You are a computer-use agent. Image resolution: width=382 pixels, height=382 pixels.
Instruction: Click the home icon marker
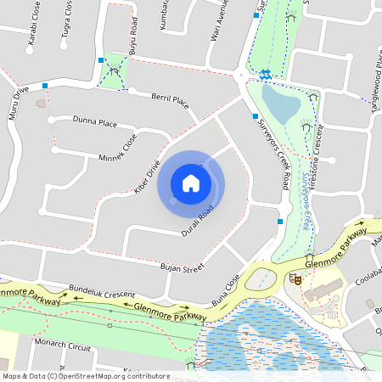(x=191, y=183)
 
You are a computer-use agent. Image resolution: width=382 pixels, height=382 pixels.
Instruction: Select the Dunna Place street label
(x=95, y=124)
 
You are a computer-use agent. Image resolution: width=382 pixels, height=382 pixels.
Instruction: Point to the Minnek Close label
(x=117, y=147)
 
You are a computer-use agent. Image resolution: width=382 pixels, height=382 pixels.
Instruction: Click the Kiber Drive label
(x=147, y=178)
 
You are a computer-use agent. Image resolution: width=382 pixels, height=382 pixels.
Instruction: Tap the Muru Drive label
(x=19, y=101)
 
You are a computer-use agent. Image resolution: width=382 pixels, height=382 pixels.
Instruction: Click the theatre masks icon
(x=297, y=278)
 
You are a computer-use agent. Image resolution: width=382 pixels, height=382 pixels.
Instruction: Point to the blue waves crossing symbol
(x=267, y=73)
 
